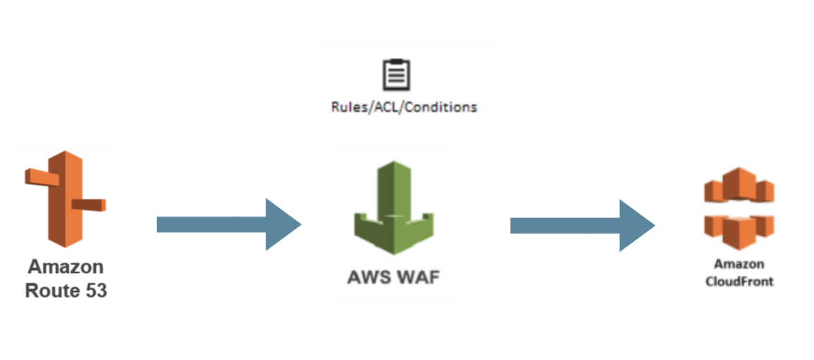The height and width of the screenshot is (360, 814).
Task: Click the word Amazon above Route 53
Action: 66,268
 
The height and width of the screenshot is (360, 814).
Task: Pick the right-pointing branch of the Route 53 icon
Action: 89,205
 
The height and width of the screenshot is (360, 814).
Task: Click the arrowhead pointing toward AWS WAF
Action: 282,224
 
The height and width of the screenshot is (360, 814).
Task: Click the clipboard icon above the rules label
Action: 395,75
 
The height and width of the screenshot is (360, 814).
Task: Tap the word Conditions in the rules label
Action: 445,107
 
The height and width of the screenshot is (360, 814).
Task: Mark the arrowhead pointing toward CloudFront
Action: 636,225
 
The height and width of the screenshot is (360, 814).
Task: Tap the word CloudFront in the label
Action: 738,281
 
